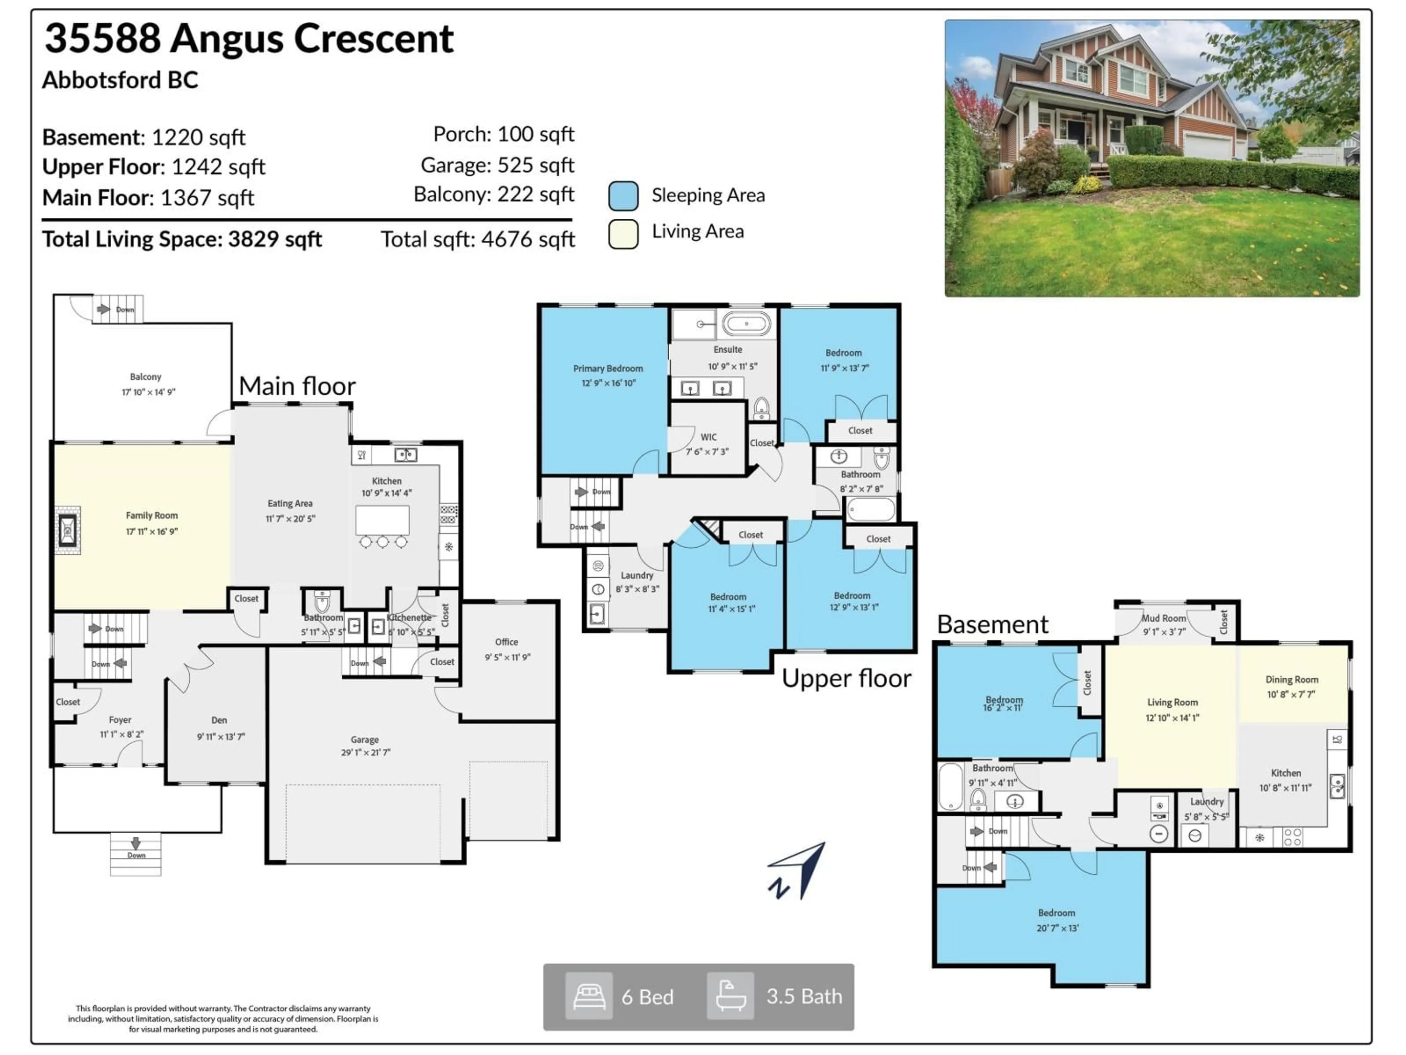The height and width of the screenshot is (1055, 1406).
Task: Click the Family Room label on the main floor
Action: (x=151, y=515)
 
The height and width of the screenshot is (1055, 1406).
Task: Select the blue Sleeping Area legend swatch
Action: (x=623, y=196)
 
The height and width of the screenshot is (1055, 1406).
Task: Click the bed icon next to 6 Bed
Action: (x=589, y=996)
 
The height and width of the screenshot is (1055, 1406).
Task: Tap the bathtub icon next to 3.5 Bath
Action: (x=730, y=996)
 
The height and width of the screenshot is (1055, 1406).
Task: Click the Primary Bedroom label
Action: (x=608, y=368)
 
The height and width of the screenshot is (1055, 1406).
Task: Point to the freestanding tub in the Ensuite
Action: (x=746, y=324)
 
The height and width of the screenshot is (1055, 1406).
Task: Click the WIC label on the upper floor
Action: (x=708, y=437)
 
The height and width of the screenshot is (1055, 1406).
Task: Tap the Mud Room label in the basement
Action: (x=1163, y=618)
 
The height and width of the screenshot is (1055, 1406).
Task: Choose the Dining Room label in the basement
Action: (x=1292, y=679)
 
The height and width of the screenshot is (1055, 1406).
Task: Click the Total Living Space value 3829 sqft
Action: (x=275, y=239)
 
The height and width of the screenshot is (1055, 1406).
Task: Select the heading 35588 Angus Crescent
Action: (x=249, y=38)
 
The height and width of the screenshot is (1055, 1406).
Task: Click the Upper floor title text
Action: (x=846, y=678)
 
